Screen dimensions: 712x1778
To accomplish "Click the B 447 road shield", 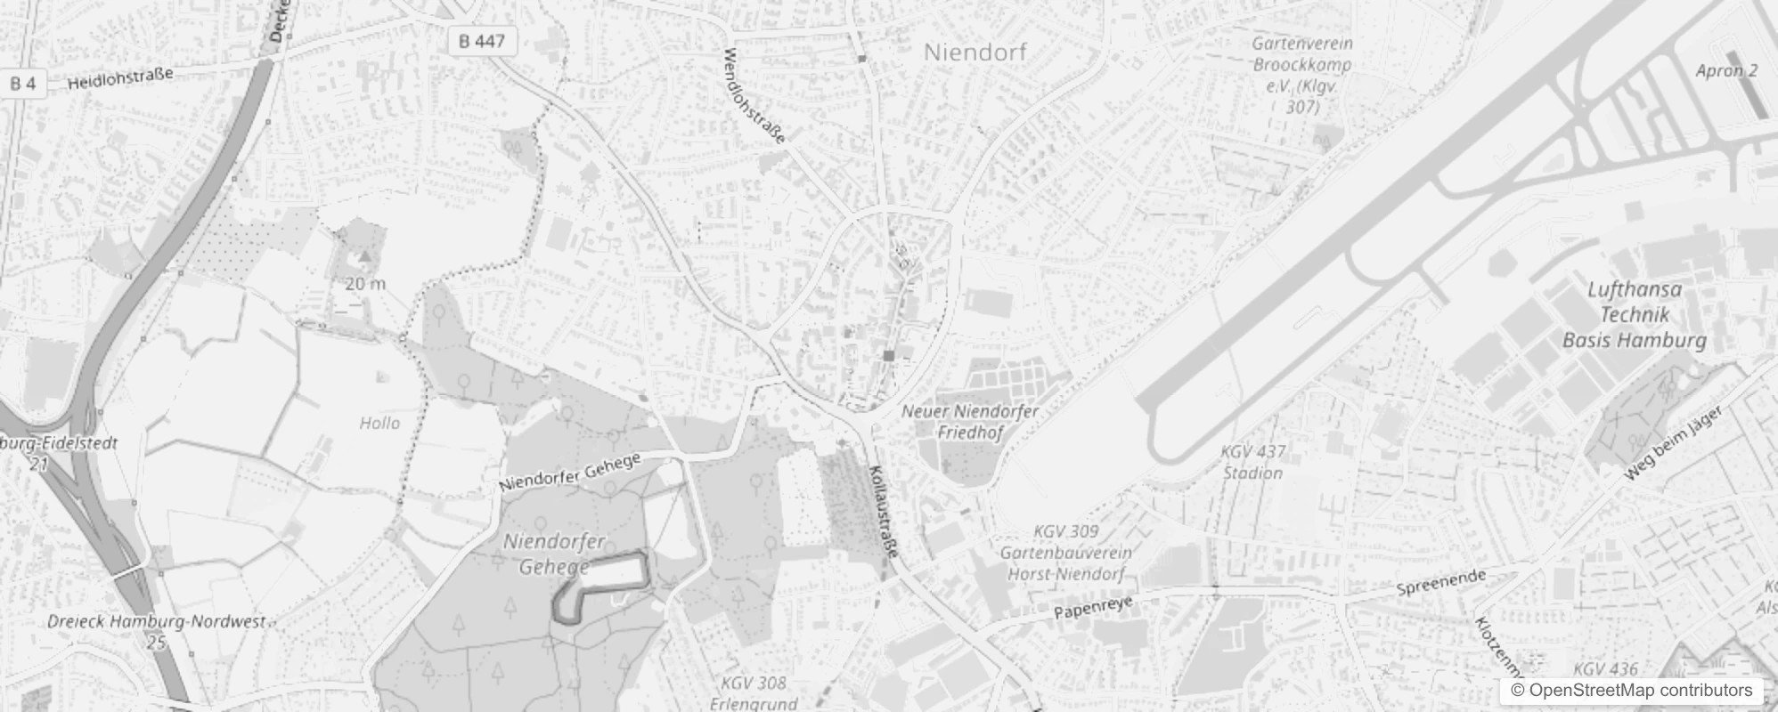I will point(482,41).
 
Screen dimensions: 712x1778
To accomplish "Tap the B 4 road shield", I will point(23,84).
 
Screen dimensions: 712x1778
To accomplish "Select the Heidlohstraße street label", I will point(120,78).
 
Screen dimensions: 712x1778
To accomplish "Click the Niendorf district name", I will point(975,52).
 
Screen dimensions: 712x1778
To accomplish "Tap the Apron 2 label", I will point(1726,71).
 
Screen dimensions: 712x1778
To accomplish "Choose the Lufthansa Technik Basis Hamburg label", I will point(1635,314).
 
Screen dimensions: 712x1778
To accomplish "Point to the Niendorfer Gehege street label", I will point(570,472).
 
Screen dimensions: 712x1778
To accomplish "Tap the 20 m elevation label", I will point(365,284).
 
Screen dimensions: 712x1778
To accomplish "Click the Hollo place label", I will point(379,423).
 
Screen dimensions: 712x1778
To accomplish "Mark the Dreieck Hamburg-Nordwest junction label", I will point(157,622).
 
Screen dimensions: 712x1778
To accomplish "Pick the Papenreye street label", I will point(1093,608).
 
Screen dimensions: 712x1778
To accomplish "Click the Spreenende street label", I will point(1440,583).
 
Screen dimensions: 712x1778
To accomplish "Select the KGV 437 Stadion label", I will point(1252,462).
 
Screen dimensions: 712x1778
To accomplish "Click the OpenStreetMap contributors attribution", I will point(1631,691).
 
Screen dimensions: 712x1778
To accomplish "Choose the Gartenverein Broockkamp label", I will point(1301,75).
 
